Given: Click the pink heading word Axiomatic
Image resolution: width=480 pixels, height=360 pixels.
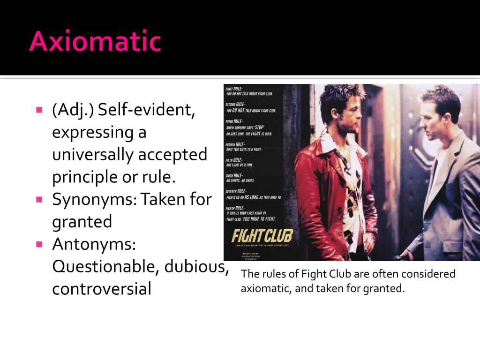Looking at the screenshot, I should [95, 41].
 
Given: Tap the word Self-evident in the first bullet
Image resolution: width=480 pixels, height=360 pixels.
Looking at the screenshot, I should [146, 111].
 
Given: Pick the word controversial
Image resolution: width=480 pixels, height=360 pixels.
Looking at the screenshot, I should [102, 289].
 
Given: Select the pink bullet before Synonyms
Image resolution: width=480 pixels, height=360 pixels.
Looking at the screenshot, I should [39, 199].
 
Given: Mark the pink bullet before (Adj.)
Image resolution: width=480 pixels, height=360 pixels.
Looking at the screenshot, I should [39, 111].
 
